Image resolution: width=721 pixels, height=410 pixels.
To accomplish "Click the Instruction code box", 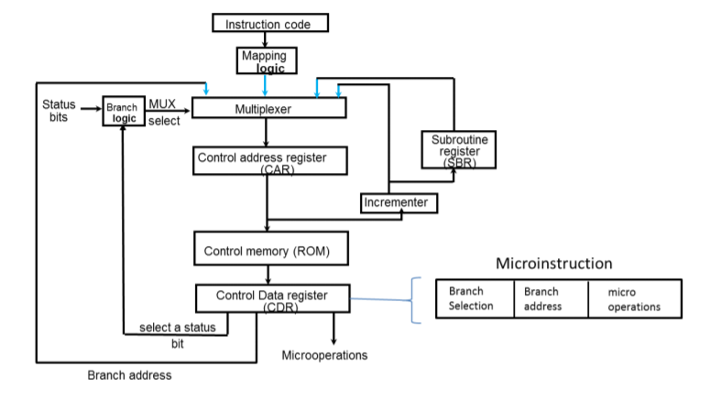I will [x=269, y=24].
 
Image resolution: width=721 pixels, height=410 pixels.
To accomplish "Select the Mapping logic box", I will [x=264, y=61].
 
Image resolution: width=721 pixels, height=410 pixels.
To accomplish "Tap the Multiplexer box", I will [x=267, y=109].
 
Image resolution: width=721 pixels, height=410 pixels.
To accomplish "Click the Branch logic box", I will [x=124, y=113].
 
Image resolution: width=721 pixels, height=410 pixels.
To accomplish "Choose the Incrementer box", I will [x=399, y=202].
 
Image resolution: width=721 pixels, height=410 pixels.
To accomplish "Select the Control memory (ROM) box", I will [x=266, y=249].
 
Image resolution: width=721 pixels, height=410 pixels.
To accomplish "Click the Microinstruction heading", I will [x=553, y=264].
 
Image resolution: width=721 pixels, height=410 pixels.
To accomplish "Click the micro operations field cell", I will [x=634, y=298].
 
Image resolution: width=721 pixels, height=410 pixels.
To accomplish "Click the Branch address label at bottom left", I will [x=129, y=375].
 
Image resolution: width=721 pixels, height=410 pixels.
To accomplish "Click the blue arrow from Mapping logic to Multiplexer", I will [x=265, y=86].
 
